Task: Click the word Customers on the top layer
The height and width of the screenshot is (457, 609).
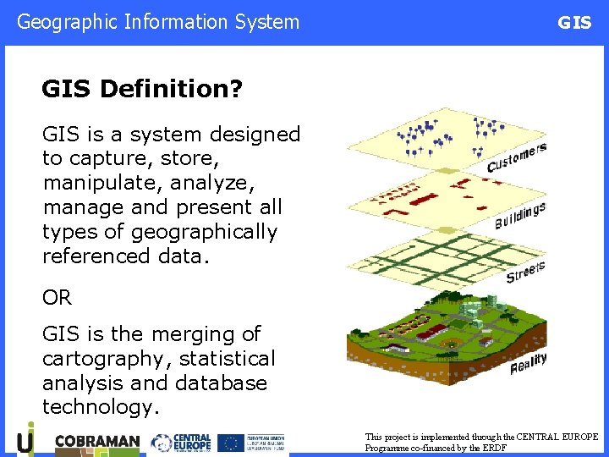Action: (516, 157)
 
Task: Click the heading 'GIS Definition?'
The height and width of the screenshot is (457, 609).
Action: (142, 89)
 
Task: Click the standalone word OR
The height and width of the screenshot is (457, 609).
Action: (57, 298)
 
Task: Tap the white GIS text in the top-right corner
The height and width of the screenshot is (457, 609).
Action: (574, 23)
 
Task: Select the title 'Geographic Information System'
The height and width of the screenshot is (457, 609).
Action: (158, 22)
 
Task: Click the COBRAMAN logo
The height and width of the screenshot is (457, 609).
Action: (96, 443)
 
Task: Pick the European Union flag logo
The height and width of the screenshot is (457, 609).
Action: (230, 443)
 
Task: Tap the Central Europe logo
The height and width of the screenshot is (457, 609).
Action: (180, 443)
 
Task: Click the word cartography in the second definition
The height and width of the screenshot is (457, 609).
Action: (99, 359)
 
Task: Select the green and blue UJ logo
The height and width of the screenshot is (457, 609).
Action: (26, 440)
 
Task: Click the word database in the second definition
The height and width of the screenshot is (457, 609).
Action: (221, 383)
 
